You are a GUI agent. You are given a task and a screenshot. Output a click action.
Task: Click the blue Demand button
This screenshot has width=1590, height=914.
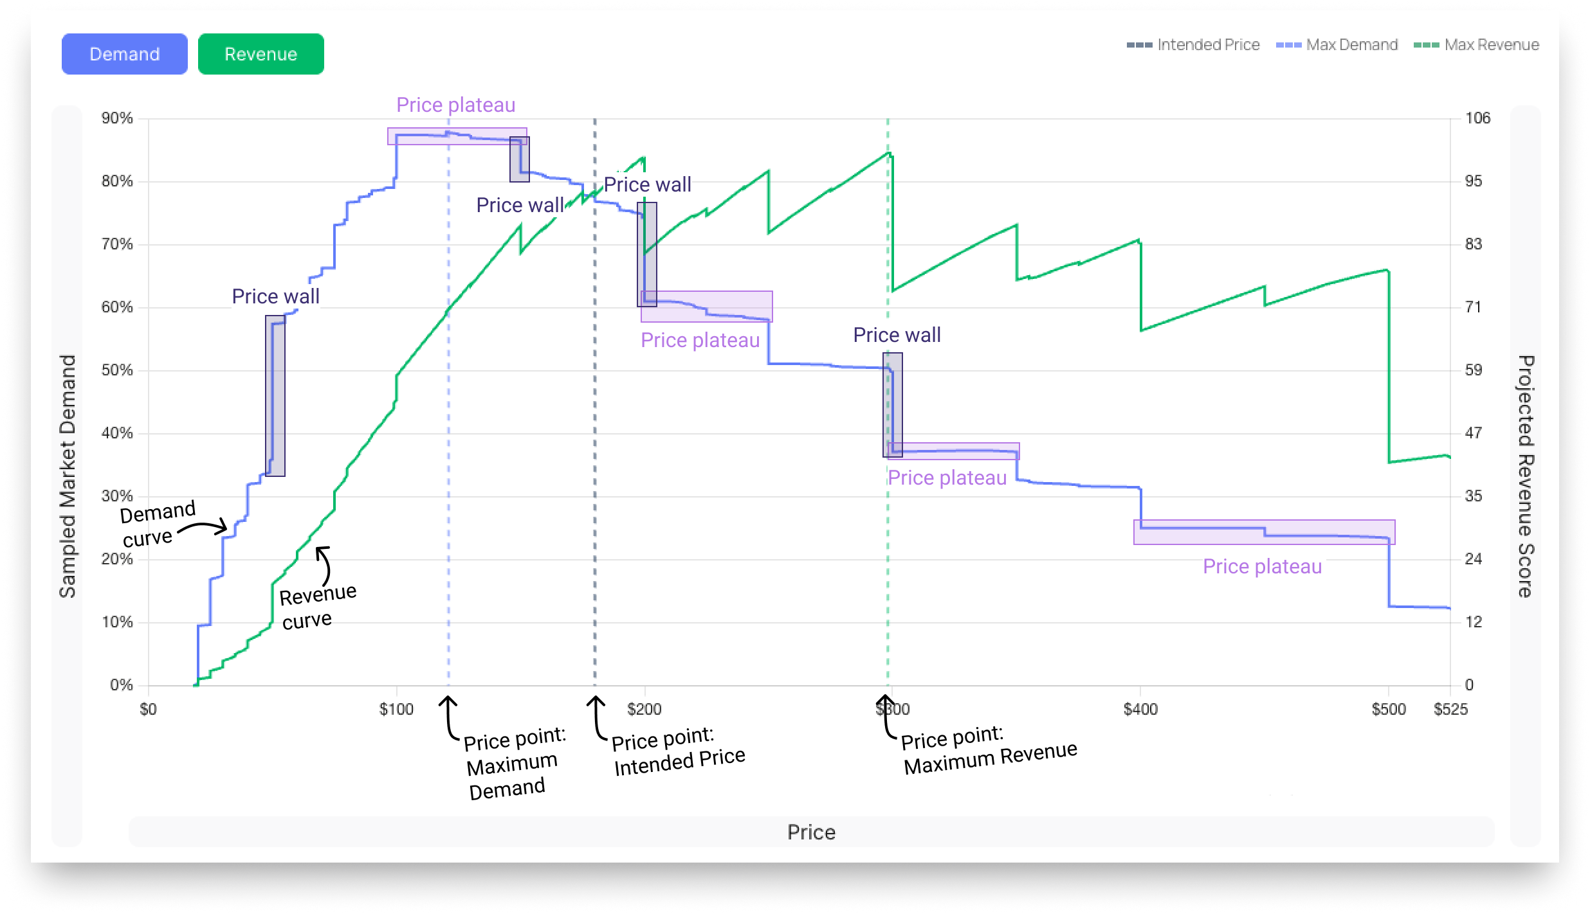[125, 54]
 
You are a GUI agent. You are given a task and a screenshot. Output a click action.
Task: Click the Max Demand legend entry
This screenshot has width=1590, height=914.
[1337, 45]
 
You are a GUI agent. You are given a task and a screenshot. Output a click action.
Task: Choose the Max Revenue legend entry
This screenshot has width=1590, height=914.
[1477, 45]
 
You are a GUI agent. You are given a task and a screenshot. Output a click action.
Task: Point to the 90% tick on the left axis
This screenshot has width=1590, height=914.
[117, 118]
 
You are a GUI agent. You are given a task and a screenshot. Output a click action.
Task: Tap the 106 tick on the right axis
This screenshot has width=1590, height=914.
[1477, 118]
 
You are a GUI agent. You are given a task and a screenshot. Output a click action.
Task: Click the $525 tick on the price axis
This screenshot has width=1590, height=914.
[1450, 709]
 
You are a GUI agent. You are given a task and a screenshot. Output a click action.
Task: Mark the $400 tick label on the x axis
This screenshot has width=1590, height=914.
[1140, 709]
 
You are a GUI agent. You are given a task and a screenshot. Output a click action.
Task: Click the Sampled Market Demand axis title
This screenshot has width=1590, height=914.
[68, 476]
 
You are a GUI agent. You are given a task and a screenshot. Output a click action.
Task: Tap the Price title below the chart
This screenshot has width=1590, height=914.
[811, 832]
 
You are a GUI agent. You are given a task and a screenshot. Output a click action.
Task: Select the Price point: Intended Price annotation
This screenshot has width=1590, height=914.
[677, 751]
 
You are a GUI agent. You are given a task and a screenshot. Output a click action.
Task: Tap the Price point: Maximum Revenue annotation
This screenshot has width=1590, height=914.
[987, 749]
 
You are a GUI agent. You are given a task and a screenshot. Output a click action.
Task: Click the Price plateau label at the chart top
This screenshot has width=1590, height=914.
[455, 105]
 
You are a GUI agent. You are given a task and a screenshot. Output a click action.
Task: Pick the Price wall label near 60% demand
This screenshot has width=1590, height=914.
[275, 296]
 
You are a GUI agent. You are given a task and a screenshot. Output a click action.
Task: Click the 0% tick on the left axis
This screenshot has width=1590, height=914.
[121, 685]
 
